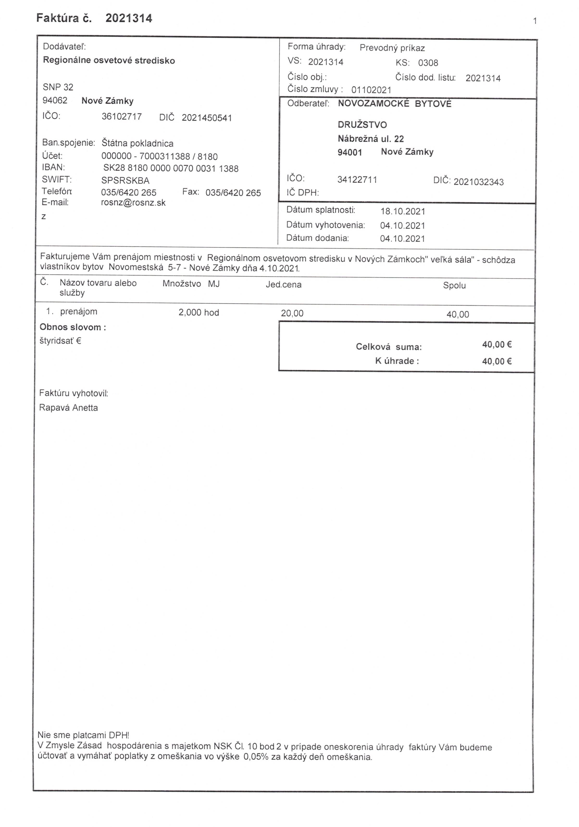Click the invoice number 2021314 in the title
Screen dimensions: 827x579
coord(129,18)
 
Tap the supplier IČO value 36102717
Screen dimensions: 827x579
coord(122,117)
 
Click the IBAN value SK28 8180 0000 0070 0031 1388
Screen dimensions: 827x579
coord(171,168)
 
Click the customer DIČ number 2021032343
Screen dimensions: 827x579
coord(478,182)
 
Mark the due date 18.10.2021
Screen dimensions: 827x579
coord(403,212)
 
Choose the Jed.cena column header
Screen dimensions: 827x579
coord(284,285)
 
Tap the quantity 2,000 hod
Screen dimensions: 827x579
coord(199,312)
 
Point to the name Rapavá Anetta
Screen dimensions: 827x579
coord(68,408)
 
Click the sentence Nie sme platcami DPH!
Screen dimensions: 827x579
coord(83,735)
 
